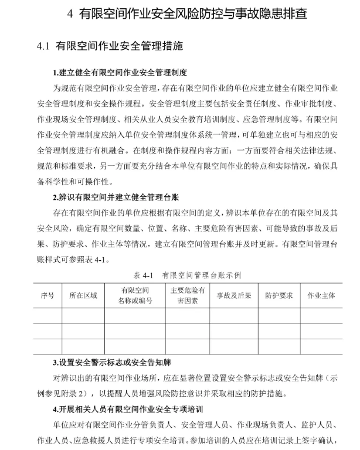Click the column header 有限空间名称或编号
pos(135,295)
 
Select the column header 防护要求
pos(279,295)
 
